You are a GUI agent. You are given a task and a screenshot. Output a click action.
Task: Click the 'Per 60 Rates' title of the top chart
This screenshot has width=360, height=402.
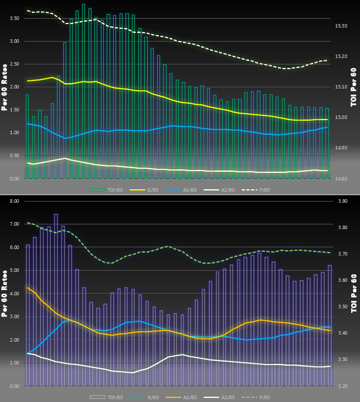click(5, 88)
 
